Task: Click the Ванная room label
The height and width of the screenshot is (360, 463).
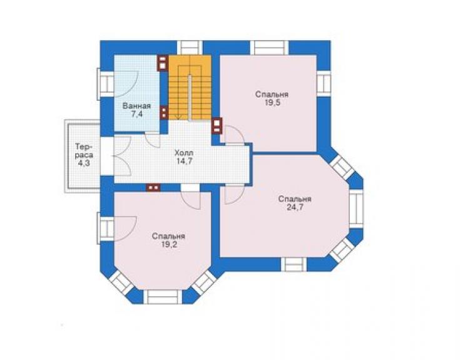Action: [x=137, y=106]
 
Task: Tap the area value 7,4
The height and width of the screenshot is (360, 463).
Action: [x=137, y=114]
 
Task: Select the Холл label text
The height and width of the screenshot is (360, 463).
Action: [x=184, y=153]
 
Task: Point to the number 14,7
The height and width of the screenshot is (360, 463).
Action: [x=185, y=162]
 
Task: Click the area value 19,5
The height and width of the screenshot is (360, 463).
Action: [x=272, y=103]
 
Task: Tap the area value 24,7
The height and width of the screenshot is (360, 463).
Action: [x=295, y=207]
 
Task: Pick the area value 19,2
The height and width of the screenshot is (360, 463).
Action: [x=169, y=245]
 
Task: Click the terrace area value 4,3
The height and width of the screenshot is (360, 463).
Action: [x=84, y=163]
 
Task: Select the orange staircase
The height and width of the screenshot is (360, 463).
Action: [x=190, y=88]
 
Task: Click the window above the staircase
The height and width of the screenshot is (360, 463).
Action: [x=190, y=48]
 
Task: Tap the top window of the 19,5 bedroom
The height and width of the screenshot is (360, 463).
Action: [x=269, y=48]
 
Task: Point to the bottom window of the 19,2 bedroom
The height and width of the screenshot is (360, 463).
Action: [x=163, y=297]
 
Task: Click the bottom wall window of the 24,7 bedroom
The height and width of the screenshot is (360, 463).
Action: [x=293, y=264]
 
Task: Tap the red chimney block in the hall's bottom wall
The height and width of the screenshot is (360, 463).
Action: [x=153, y=188]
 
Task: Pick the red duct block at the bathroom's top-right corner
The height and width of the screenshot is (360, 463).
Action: [x=163, y=63]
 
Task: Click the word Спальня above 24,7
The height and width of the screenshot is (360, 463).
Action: [x=295, y=199]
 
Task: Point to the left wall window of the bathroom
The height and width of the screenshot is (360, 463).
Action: [x=106, y=84]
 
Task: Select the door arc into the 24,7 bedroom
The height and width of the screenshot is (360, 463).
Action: [x=235, y=194]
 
